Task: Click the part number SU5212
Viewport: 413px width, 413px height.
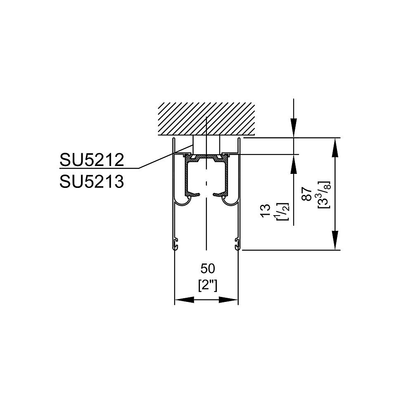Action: (x=92, y=159)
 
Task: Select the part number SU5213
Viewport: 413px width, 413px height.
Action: (x=92, y=182)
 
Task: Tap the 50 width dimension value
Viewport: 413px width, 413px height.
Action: (x=208, y=269)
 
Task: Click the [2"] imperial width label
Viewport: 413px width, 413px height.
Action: (x=208, y=285)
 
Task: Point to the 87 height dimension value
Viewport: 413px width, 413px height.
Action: (x=307, y=194)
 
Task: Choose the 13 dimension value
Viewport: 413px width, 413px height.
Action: (x=266, y=211)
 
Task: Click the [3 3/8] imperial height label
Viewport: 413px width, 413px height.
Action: (x=324, y=195)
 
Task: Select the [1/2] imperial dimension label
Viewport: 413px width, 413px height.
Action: (x=282, y=211)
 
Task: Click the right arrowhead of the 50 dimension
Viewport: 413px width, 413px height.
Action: (x=228, y=300)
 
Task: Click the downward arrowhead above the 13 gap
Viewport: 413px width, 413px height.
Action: (x=294, y=128)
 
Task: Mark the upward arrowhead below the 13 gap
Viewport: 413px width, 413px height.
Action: (x=294, y=164)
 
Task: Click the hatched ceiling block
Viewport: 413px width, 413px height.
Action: (x=206, y=119)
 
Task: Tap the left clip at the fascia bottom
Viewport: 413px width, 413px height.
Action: (x=176, y=244)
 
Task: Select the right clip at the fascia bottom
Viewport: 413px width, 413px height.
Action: (x=237, y=244)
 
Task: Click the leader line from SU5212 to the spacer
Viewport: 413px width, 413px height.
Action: (x=166, y=156)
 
